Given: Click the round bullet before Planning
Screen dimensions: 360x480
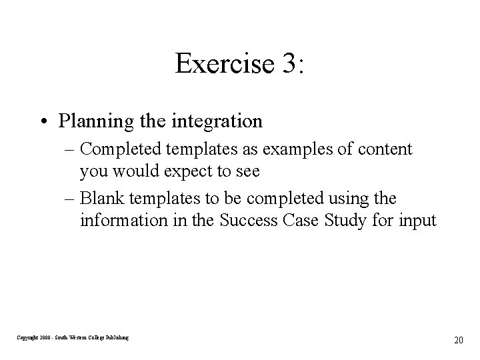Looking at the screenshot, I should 47,122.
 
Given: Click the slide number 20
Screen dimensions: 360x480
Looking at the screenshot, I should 458,340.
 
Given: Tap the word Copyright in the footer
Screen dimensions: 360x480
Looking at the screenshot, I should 28,338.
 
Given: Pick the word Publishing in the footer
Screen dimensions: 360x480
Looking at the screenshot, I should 116,338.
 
